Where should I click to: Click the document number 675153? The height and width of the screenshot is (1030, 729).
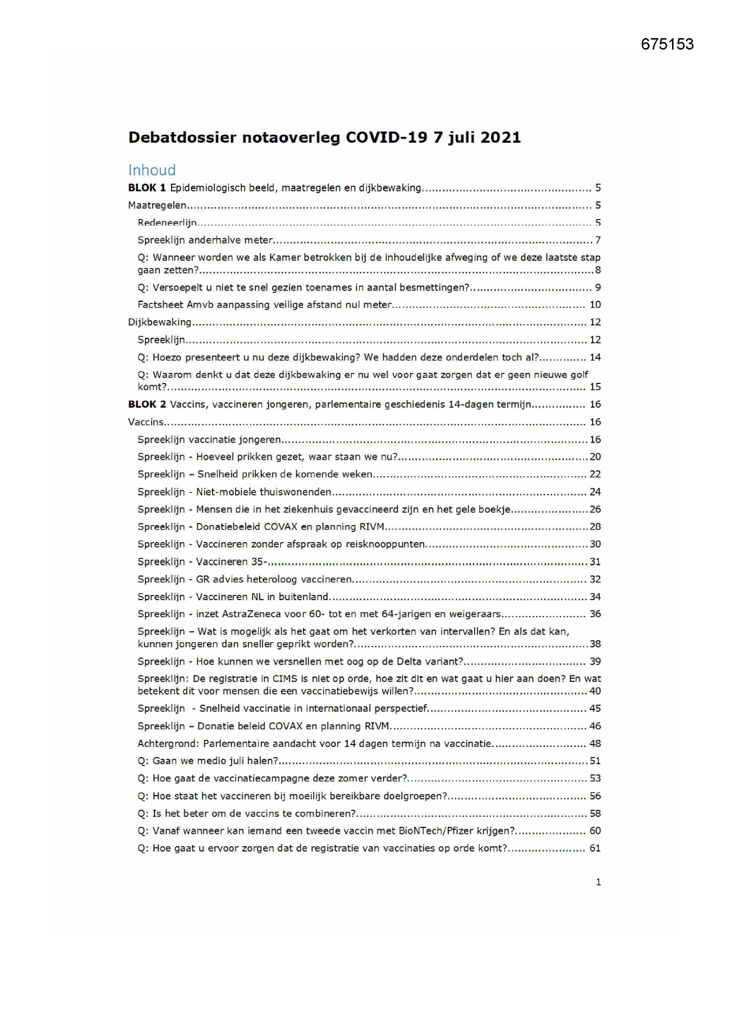click(667, 45)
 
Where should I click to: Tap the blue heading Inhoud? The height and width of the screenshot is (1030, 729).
click(152, 170)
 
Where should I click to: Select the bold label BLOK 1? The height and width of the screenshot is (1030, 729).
click(147, 188)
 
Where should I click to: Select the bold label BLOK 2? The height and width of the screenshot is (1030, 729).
click(147, 405)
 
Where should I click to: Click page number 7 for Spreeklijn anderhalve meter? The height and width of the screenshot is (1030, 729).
click(597, 240)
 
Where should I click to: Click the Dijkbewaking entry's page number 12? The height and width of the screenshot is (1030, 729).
click(594, 322)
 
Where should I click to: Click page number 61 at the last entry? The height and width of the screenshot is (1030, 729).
click(594, 849)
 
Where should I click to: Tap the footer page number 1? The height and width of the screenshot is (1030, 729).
click(598, 882)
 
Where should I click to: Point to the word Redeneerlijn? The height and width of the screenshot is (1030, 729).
click(167, 223)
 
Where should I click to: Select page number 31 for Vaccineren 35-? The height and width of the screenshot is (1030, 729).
click(594, 562)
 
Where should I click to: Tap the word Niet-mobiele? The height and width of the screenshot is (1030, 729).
click(226, 492)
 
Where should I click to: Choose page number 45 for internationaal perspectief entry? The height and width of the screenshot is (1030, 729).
click(594, 709)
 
